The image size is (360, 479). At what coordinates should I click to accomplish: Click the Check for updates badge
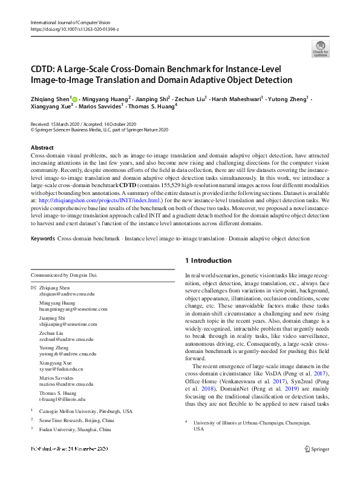click(x=321, y=49)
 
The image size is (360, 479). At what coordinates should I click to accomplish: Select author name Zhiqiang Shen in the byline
click(x=50, y=97)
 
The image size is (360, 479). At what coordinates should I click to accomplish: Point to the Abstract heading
click(x=42, y=148)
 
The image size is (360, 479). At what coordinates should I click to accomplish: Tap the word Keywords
click(x=43, y=239)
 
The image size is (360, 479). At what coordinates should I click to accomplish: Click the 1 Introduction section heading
click(x=208, y=261)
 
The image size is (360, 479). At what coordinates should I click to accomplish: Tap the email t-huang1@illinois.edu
click(x=63, y=399)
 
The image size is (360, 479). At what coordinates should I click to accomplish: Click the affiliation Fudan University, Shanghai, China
click(x=75, y=429)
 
